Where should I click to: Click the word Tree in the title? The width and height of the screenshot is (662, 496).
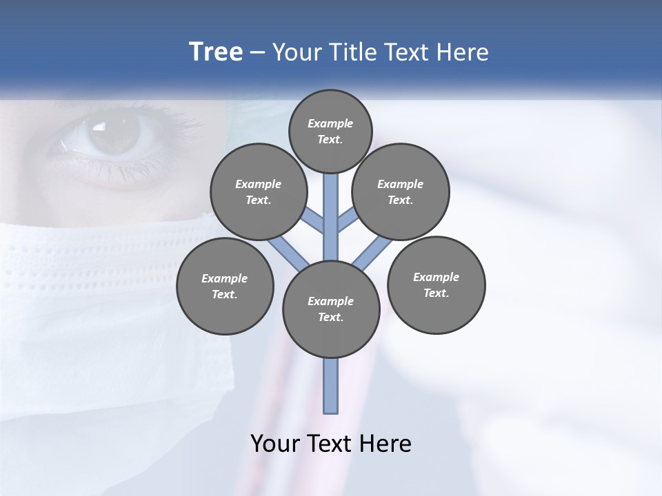(x=216, y=52)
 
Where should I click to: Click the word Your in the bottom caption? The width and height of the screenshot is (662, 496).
(x=275, y=444)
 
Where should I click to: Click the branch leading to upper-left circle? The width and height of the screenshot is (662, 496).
(x=314, y=222)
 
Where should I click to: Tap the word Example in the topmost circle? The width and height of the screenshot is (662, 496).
(x=330, y=123)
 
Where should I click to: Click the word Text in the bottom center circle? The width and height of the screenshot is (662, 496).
(x=330, y=317)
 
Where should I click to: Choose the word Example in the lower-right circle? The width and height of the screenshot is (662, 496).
(x=436, y=277)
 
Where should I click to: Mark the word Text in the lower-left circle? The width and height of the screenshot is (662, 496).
(x=225, y=295)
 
